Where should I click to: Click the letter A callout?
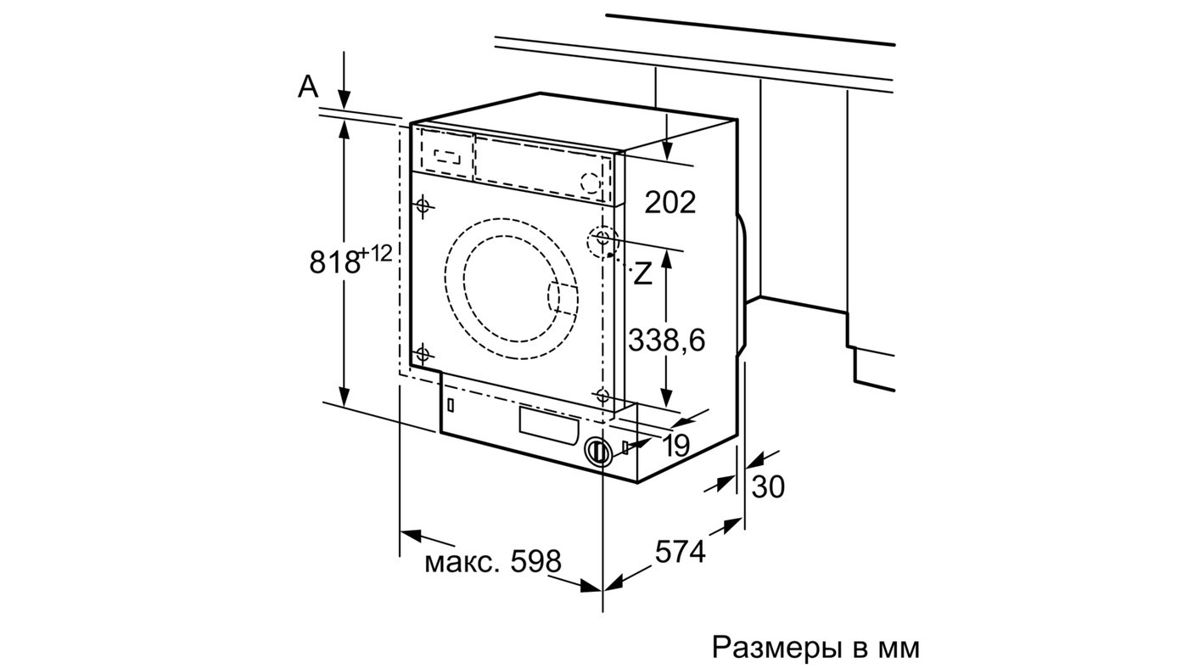(x=308, y=87)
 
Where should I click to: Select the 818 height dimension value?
(x=334, y=262)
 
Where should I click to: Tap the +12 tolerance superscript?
(x=376, y=254)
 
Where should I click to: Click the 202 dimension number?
(x=670, y=202)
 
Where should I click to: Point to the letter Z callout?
(x=643, y=273)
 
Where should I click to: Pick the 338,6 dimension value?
(x=667, y=340)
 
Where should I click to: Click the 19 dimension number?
(x=675, y=446)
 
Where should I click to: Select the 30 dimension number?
(x=768, y=486)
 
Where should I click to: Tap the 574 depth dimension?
(x=681, y=552)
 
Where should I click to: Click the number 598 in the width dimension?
(x=535, y=561)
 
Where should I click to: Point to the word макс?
(x=462, y=564)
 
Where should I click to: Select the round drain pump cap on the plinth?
(x=599, y=452)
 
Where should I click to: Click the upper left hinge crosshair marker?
(x=423, y=205)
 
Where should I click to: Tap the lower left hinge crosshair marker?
(x=423, y=353)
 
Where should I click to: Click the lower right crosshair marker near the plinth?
(x=602, y=396)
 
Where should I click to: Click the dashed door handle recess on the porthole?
(x=562, y=299)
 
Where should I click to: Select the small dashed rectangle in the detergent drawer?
(x=447, y=156)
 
